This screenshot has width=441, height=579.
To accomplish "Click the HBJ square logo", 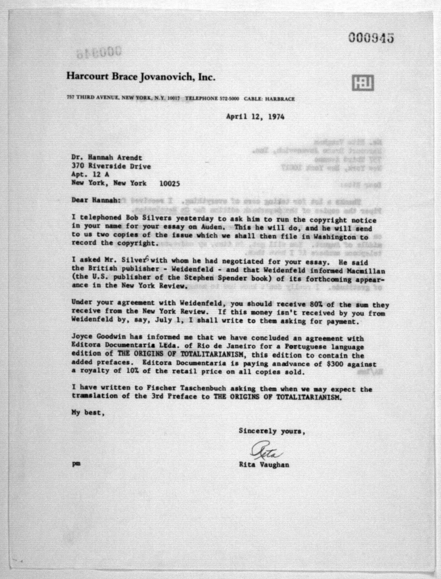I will pyautogui.click(x=363, y=83).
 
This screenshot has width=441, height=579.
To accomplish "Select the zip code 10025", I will pyautogui.click(x=170, y=184).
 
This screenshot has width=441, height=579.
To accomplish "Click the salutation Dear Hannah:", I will pyautogui.click(x=96, y=200).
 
